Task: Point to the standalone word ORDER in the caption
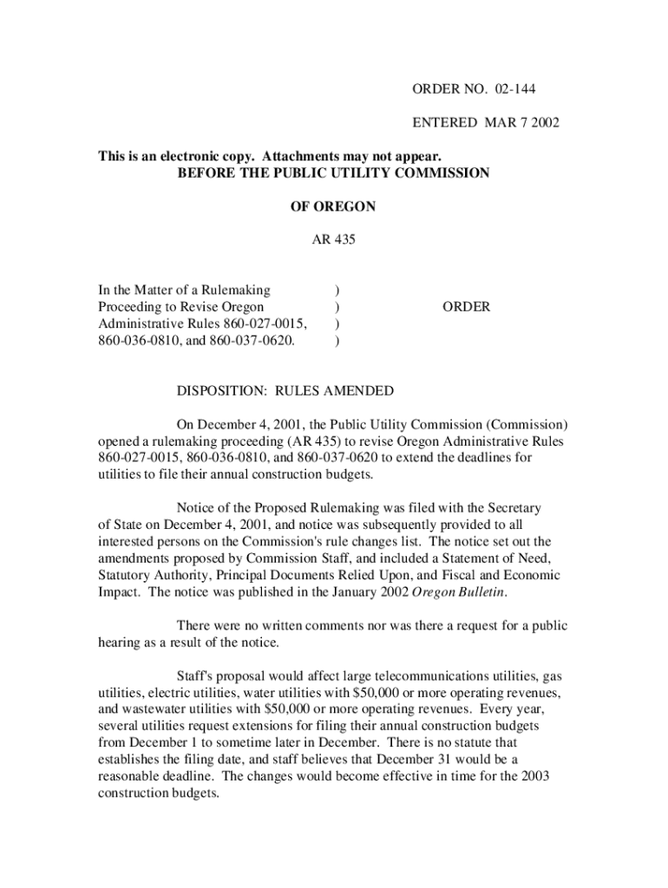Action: (466, 307)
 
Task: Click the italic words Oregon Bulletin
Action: (463, 591)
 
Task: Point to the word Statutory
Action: (128, 575)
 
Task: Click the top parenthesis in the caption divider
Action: (337, 290)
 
